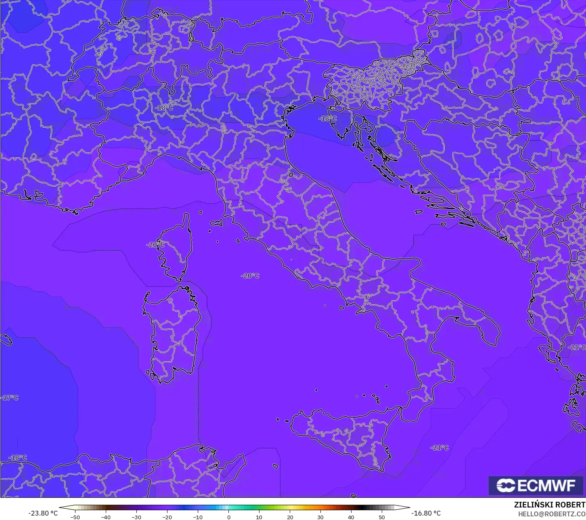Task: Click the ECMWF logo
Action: (536, 485)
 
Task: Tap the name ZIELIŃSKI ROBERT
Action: (549, 505)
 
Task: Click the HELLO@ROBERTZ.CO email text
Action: (552, 514)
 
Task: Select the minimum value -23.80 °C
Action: (43, 513)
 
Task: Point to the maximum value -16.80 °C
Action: (426, 513)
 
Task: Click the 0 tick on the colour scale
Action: (228, 517)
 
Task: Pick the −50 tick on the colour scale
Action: (75, 517)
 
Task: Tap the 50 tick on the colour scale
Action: (382, 517)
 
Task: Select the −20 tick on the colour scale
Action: (167, 517)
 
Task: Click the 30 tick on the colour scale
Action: (320, 517)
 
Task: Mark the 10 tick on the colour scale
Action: (259, 517)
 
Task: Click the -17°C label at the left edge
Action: (10, 398)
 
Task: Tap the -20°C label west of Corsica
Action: (155, 245)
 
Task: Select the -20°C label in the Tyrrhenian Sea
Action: (250, 276)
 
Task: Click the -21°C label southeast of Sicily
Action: (439, 448)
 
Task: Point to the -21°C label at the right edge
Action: (577, 347)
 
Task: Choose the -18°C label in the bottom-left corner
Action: (18, 458)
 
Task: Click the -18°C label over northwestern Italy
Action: (164, 108)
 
